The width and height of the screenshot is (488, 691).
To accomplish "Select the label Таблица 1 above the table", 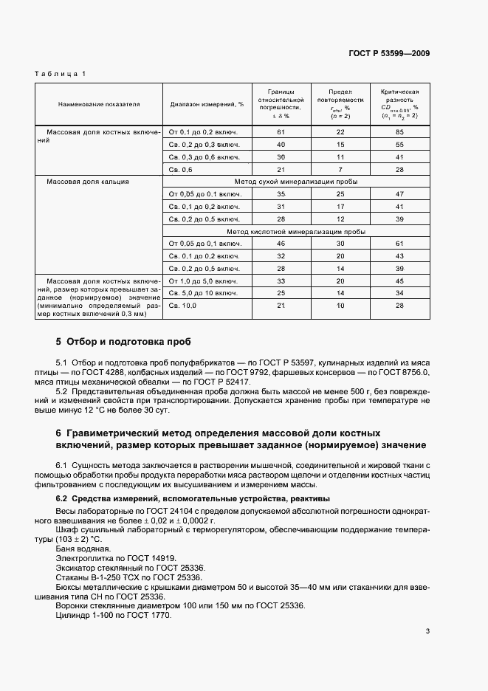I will [x=61, y=73].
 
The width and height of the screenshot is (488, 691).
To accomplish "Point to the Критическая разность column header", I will [x=399, y=103].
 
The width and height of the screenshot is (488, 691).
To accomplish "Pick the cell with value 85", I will [x=399, y=131].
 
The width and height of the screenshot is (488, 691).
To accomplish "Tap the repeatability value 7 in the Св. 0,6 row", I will [x=340, y=169].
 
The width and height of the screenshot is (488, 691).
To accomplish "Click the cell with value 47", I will [x=399, y=194].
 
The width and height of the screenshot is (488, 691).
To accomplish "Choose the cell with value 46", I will [x=281, y=244].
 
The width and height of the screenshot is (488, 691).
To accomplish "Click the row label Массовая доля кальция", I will [x=89, y=181].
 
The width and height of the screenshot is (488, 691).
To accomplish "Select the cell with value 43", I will [x=399, y=256].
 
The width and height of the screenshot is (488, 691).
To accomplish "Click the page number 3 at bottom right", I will [x=427, y=631].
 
